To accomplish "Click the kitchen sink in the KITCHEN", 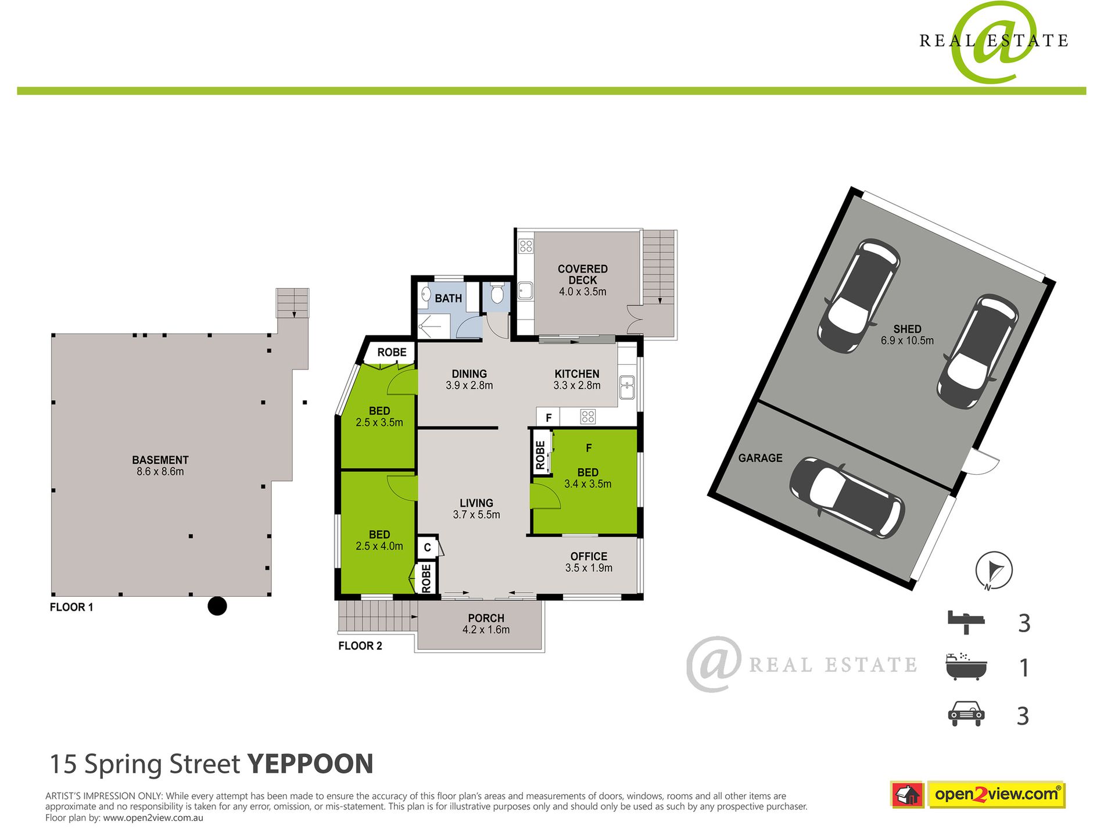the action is pyautogui.click(x=626, y=388).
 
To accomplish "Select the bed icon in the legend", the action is pyautogui.click(x=966, y=622).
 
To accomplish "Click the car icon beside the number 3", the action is pyautogui.click(x=966, y=714).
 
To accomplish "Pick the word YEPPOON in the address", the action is pyautogui.click(x=310, y=764).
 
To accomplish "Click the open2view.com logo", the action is pyautogui.click(x=996, y=794).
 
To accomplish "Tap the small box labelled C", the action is pyautogui.click(x=427, y=547).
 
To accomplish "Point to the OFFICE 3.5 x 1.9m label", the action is pyautogui.click(x=589, y=562).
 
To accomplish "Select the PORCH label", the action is pyautogui.click(x=486, y=618).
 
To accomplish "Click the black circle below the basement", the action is pyautogui.click(x=217, y=606).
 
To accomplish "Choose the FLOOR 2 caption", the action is pyautogui.click(x=360, y=646).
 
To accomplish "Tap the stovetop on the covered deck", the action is pyautogui.click(x=526, y=246).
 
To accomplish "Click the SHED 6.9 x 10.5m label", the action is pyautogui.click(x=907, y=335).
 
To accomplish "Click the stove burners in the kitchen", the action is pyautogui.click(x=587, y=416).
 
